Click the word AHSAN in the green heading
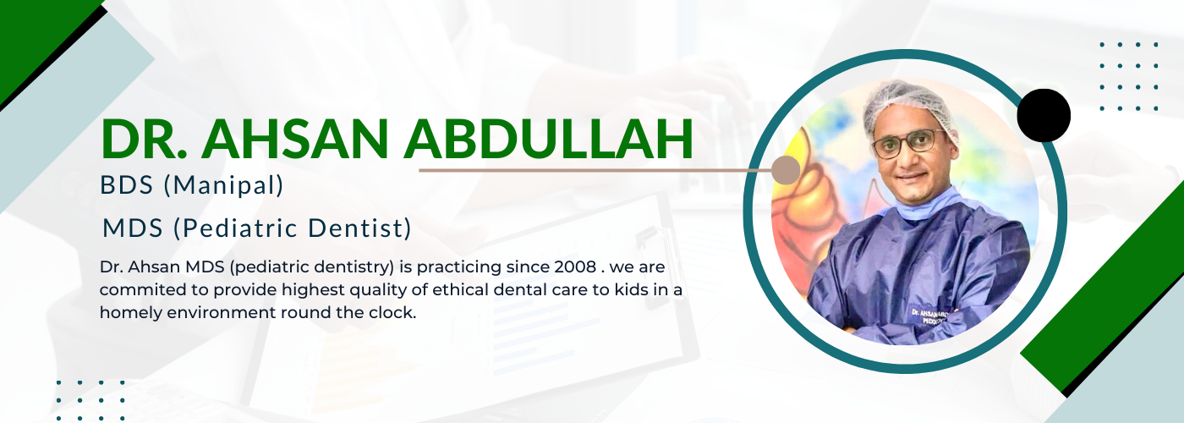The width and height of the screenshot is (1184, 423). pyautogui.click(x=295, y=139)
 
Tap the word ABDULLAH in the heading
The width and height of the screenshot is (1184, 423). pyautogui.click(x=549, y=139)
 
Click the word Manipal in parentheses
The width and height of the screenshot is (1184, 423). pyautogui.click(x=223, y=185)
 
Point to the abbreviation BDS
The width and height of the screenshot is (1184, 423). pyautogui.click(x=126, y=185)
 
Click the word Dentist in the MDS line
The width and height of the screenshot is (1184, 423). pyautogui.click(x=359, y=228)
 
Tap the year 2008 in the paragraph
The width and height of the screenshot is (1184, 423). pyautogui.click(x=575, y=267)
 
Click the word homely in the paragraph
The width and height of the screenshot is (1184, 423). pyautogui.click(x=130, y=313)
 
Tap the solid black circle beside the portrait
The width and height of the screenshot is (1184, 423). pyautogui.click(x=1044, y=115)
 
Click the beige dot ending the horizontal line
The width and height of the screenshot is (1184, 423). pyautogui.click(x=786, y=170)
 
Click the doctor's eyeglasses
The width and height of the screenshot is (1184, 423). pyautogui.click(x=908, y=143)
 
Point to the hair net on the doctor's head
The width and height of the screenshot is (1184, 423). pyautogui.click(x=908, y=108)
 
